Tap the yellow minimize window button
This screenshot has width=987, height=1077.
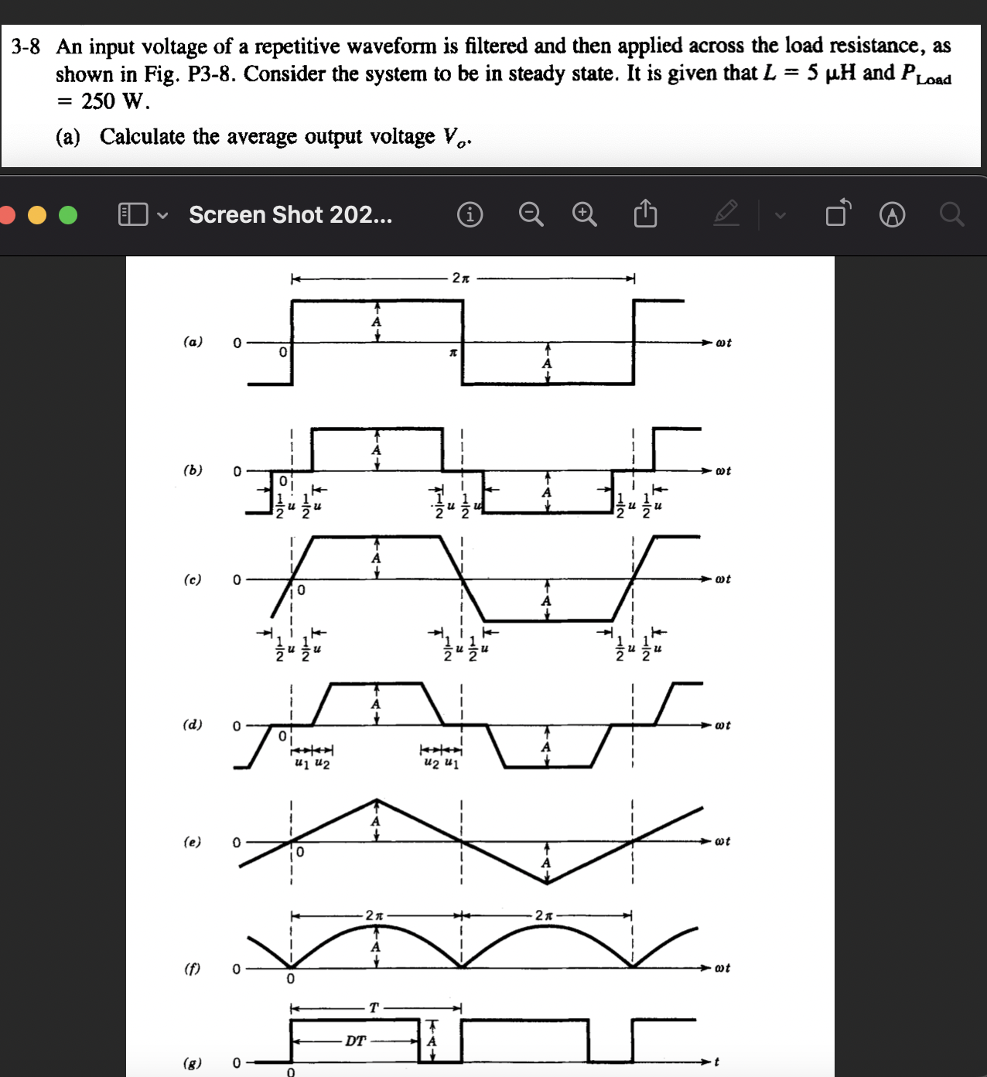pyautogui.click(x=37, y=215)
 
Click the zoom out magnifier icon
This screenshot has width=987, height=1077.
pyautogui.click(x=531, y=214)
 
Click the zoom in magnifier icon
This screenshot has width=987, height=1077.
pyautogui.click(x=585, y=214)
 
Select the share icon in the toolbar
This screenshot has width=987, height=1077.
pyautogui.click(x=645, y=214)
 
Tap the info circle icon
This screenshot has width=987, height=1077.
pyautogui.click(x=470, y=214)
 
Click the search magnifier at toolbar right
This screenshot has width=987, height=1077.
pyautogui.click(x=952, y=214)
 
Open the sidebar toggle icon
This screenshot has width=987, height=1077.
pyautogui.click(x=133, y=214)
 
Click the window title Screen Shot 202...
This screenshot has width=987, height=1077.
pyautogui.click(x=290, y=214)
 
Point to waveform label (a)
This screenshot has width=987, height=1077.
pyautogui.click(x=193, y=341)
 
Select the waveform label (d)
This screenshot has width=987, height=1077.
pyautogui.click(x=193, y=724)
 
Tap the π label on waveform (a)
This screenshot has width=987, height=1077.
pyautogui.click(x=454, y=353)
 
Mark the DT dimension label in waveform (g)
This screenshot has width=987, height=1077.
pyautogui.click(x=355, y=1041)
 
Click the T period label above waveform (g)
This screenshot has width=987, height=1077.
pyautogui.click(x=374, y=1007)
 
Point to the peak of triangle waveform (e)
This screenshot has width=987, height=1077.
pyautogui.click(x=376, y=800)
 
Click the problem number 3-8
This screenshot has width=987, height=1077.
pyautogui.click(x=26, y=46)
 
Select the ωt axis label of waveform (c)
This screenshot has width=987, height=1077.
pyautogui.click(x=722, y=579)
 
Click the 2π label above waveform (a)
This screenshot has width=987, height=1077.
pyautogui.click(x=460, y=278)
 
